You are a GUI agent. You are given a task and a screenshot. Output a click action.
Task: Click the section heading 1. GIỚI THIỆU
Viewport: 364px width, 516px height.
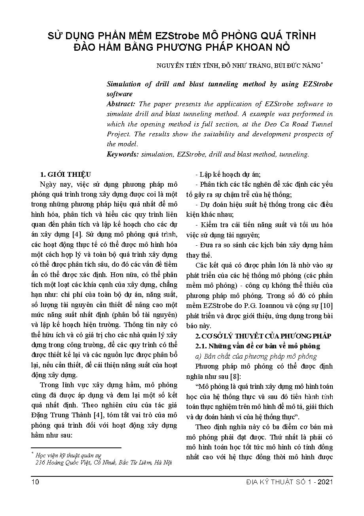pyautogui.click(x=66, y=174)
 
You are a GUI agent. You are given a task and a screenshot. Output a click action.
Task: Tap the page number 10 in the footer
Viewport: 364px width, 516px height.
pyautogui.click(x=35, y=482)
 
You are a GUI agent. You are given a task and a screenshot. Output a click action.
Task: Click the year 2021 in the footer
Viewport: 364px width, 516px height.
pyautogui.click(x=325, y=482)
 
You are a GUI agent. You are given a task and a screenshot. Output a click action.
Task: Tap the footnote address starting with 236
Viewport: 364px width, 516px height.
pyautogui.click(x=103, y=462)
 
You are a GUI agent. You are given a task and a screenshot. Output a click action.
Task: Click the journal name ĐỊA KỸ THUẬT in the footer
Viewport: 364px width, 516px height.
pyautogui.click(x=272, y=482)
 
